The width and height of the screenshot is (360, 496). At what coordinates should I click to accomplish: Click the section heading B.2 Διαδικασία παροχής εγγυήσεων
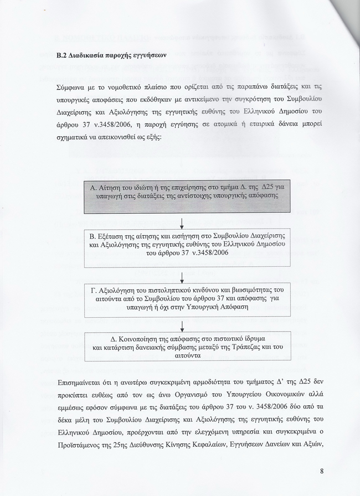pyautogui.click(x=111, y=55)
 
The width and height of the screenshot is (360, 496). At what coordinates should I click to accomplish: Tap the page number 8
pyautogui.click(x=322, y=471)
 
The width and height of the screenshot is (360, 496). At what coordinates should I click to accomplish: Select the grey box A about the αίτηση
pyautogui.click(x=182, y=197)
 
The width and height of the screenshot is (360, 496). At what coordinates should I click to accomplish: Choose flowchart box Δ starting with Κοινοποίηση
pyautogui.click(x=182, y=347)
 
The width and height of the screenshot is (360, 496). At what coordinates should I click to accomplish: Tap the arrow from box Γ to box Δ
pyautogui.click(x=182, y=325)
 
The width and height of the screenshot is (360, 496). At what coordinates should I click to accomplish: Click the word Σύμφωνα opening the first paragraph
pyautogui.click(x=71, y=87)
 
